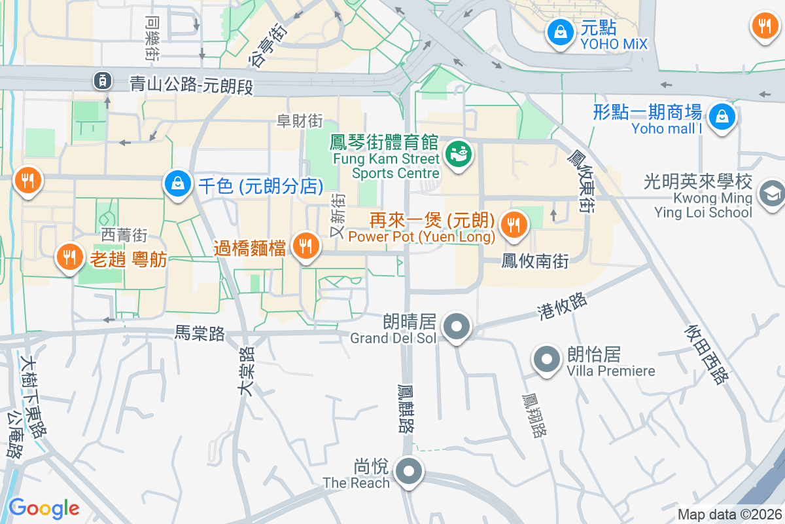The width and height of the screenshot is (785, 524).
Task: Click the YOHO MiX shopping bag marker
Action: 560,32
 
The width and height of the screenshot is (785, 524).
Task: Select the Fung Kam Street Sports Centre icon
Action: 458,155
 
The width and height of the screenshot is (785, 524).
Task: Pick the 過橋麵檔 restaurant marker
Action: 305,246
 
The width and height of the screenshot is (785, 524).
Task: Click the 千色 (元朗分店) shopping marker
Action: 178,184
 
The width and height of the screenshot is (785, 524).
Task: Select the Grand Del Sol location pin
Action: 457,326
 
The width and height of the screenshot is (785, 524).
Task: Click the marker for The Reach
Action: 410,471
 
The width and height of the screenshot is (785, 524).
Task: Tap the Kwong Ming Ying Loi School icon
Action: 771,193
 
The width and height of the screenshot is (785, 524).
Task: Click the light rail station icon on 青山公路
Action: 102,81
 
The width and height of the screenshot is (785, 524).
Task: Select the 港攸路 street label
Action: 562,304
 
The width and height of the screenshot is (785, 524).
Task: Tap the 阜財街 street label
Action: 300,121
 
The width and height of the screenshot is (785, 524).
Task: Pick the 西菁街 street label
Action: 124,234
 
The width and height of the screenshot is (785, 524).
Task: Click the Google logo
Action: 44,508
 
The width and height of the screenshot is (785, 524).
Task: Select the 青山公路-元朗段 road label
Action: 191,84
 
